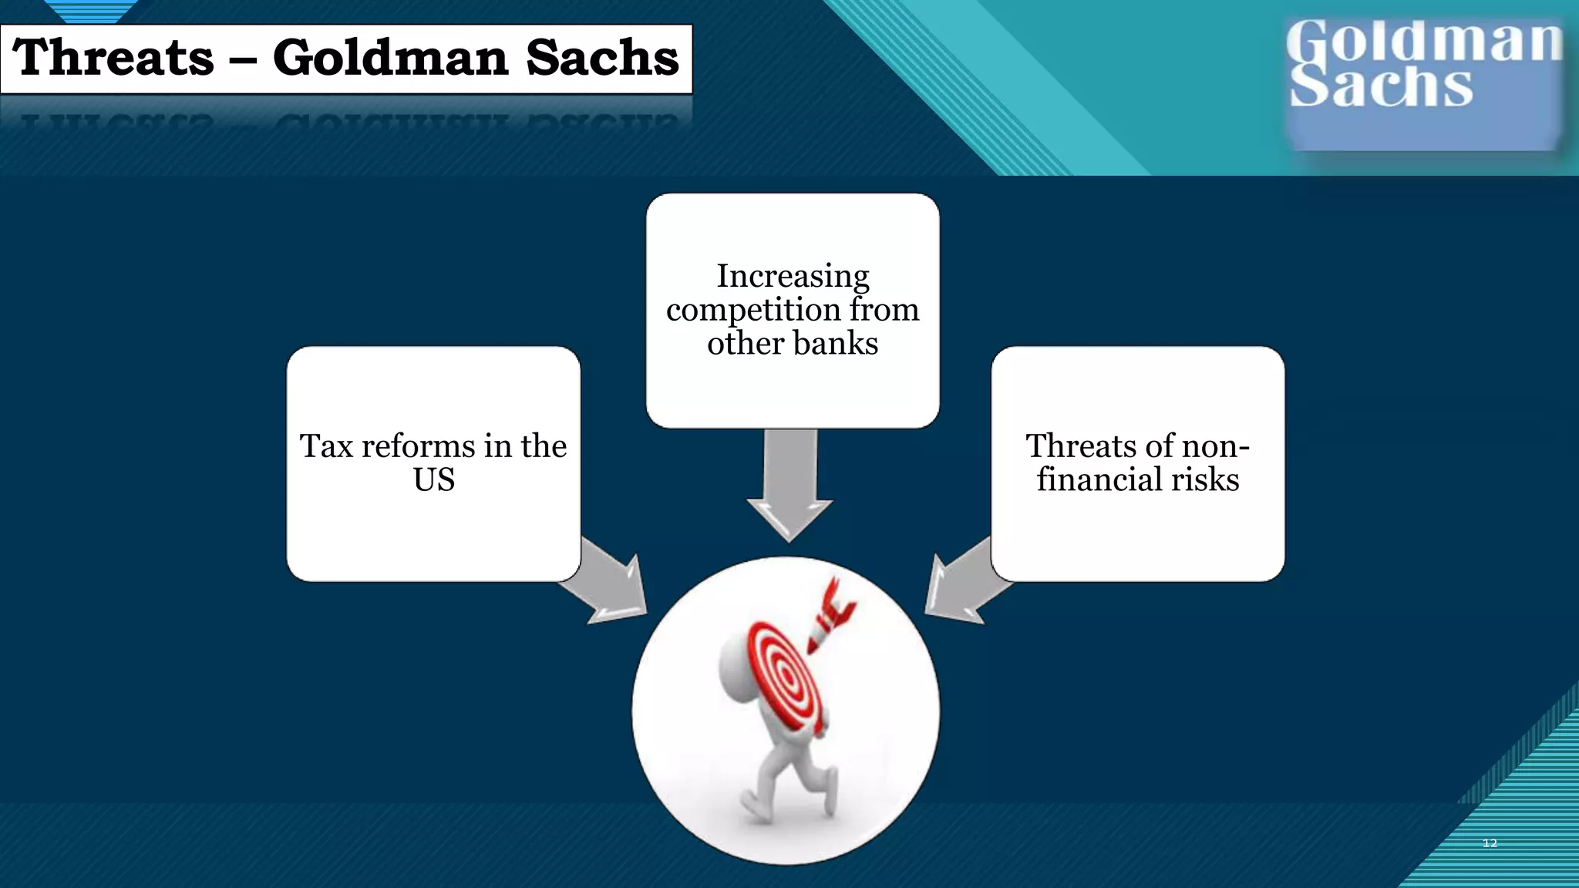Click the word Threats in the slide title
113,58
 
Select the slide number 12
1490,843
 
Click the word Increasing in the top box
793,276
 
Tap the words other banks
793,343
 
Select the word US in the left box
433,480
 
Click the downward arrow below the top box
789,486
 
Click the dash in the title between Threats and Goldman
243,61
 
